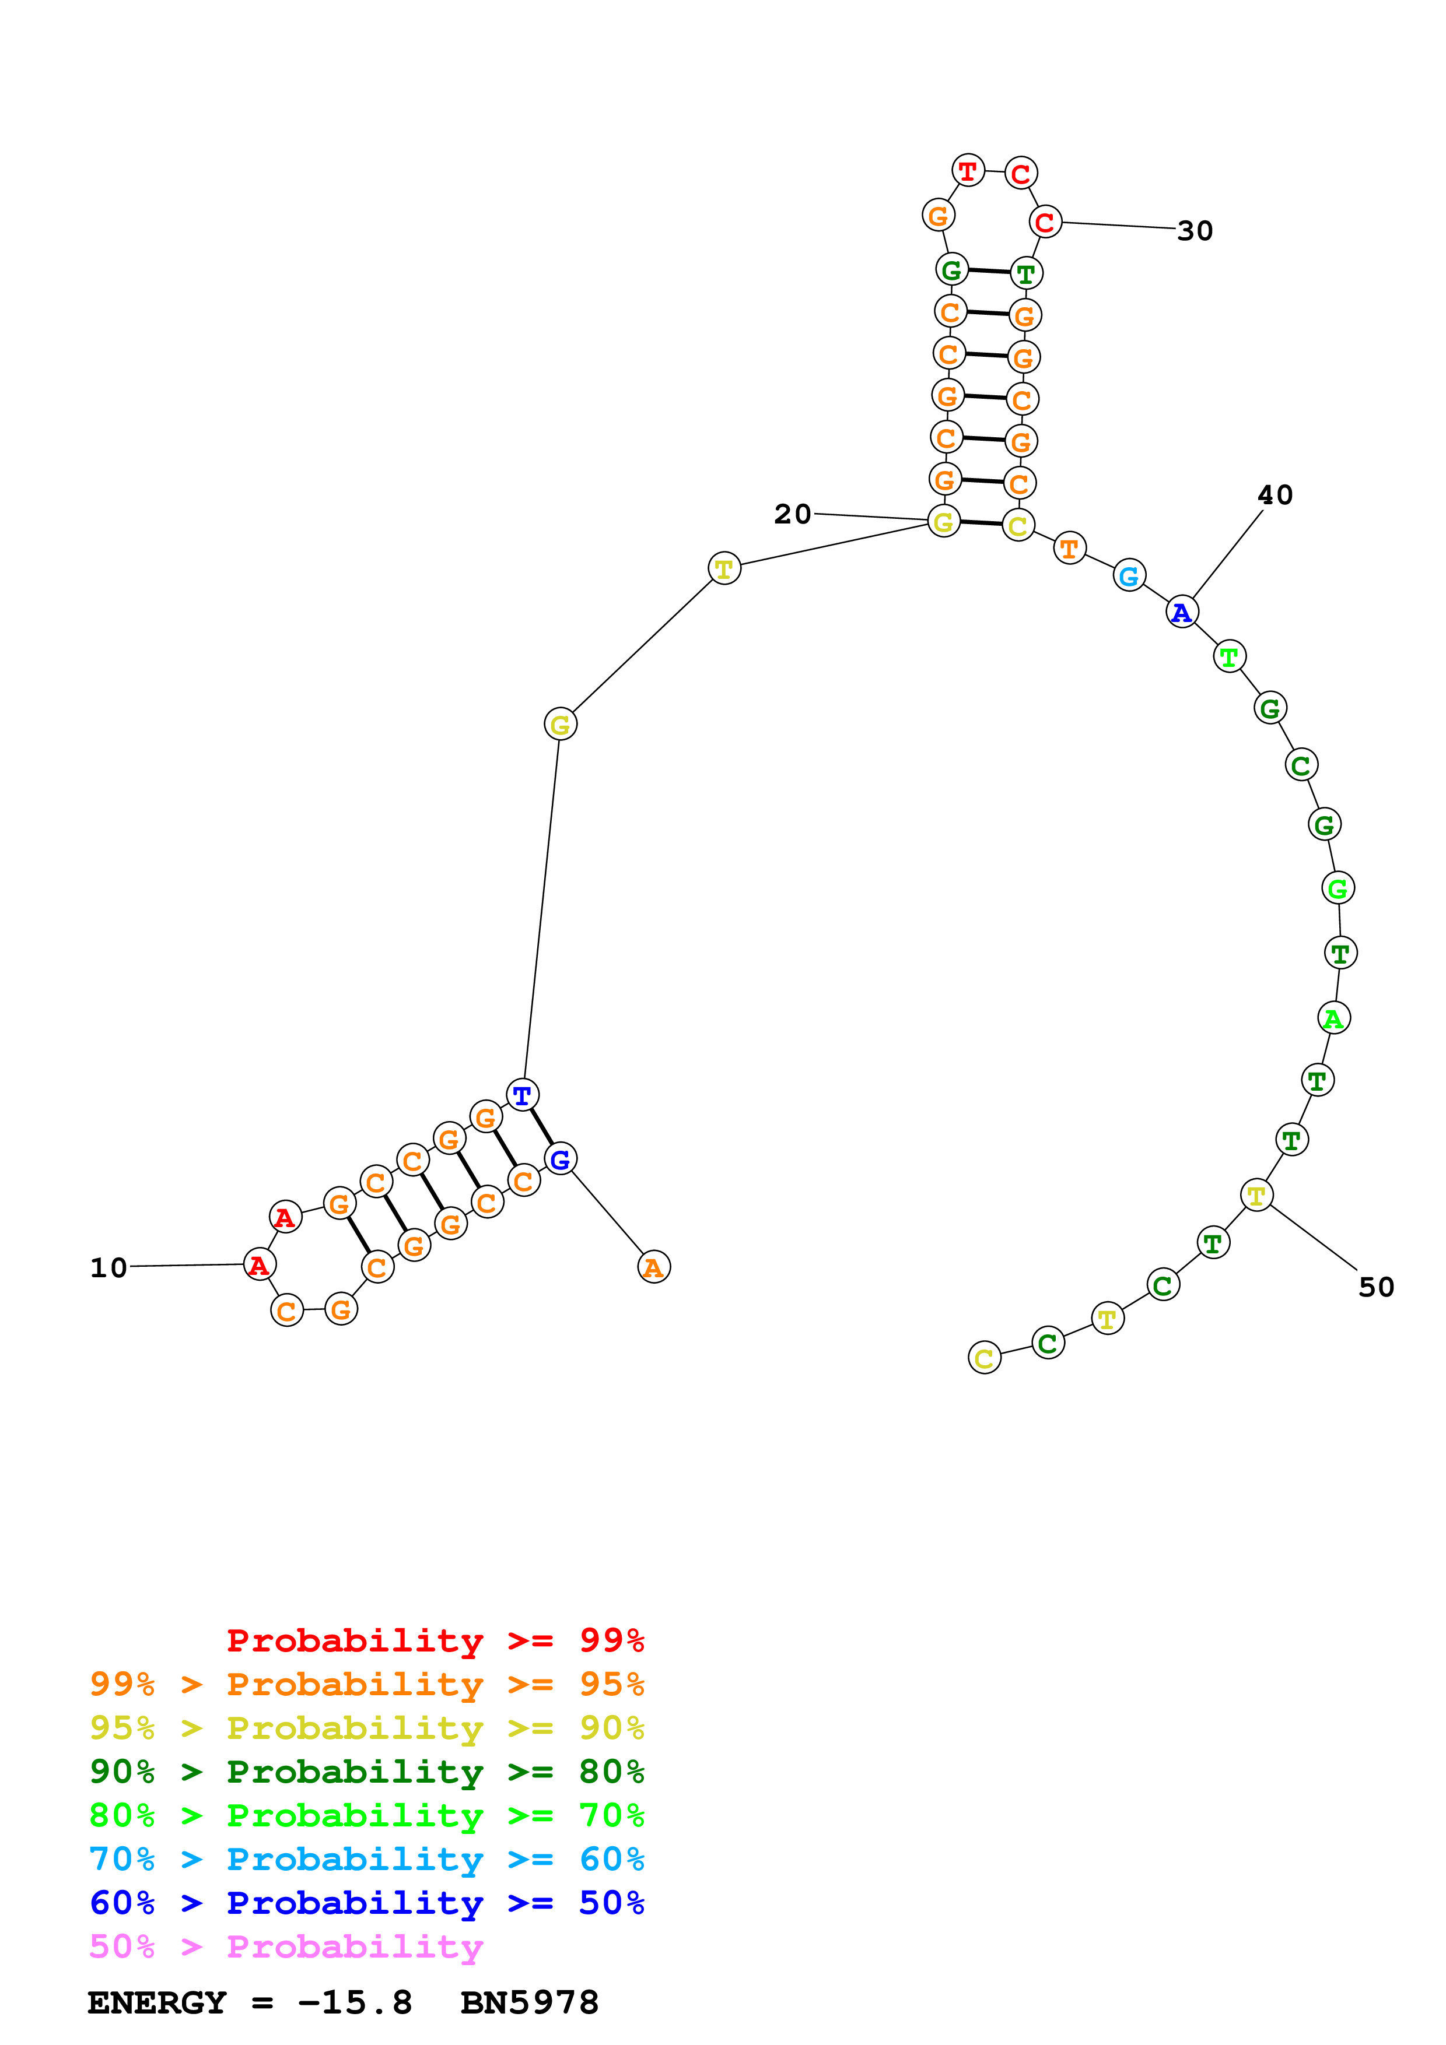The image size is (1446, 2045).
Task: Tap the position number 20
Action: pyautogui.click(x=792, y=514)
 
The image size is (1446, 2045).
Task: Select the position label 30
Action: pyautogui.click(x=1195, y=231)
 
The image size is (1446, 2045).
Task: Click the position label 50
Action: pyautogui.click(x=1375, y=1287)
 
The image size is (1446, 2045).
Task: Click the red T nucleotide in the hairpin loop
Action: pyautogui.click(x=968, y=170)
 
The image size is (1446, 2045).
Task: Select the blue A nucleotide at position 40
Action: pyautogui.click(x=1181, y=612)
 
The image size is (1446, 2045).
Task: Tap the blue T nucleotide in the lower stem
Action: pyautogui.click(x=522, y=1095)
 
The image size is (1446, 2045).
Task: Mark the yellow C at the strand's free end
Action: pyautogui.click(x=983, y=1358)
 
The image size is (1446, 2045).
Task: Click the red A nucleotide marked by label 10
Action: pyautogui.click(x=259, y=1265)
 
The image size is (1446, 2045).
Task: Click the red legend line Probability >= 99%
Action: pyautogui.click(x=435, y=1640)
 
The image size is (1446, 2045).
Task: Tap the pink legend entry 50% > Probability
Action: pyautogui.click(x=285, y=1947)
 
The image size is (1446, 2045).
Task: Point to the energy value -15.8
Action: pyautogui.click(x=355, y=2003)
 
